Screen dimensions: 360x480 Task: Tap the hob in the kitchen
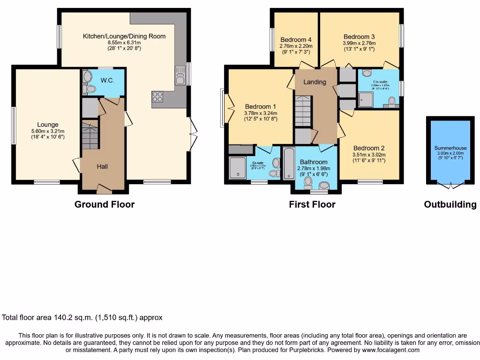click(157, 97)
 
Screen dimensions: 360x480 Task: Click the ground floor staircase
click(90, 134)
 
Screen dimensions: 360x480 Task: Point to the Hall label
click(103, 166)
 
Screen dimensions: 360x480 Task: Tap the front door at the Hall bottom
click(104, 189)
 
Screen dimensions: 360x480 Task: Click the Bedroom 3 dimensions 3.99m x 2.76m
click(359, 43)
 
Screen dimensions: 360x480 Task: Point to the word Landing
click(315, 82)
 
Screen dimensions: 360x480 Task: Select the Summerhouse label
click(450, 148)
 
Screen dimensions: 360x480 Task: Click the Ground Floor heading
click(105, 204)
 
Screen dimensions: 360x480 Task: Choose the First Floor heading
click(312, 204)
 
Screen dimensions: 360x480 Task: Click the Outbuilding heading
click(450, 204)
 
